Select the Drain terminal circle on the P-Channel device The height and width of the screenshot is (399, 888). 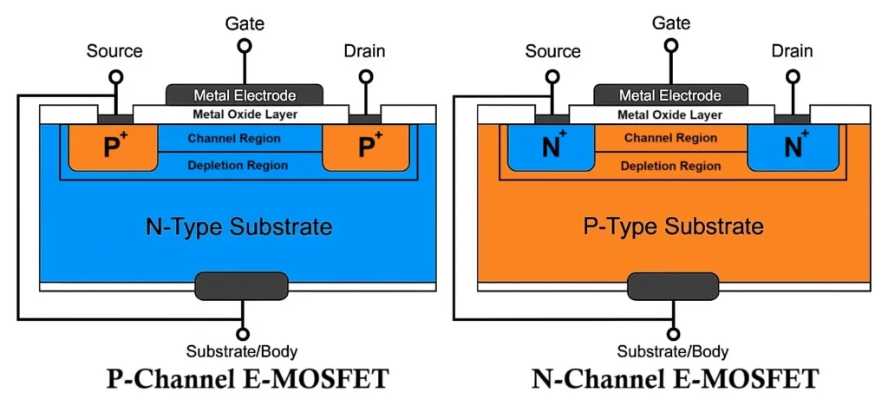coord(365,76)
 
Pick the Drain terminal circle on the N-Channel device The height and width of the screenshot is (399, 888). coord(792,76)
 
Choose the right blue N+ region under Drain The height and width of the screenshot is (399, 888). coord(793,147)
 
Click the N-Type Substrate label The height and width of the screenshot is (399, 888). coord(238,227)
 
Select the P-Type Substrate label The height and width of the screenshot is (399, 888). coord(673,227)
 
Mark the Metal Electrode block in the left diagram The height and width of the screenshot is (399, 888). coord(244,95)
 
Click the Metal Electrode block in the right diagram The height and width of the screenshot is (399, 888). coord(670,95)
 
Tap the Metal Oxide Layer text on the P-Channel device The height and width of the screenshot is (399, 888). coord(244,114)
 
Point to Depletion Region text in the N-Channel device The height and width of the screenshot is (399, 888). coord(670,165)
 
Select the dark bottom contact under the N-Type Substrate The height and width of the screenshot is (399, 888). coord(240,285)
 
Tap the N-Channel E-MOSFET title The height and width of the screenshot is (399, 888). coord(674,379)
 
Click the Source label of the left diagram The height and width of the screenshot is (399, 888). coord(114,51)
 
